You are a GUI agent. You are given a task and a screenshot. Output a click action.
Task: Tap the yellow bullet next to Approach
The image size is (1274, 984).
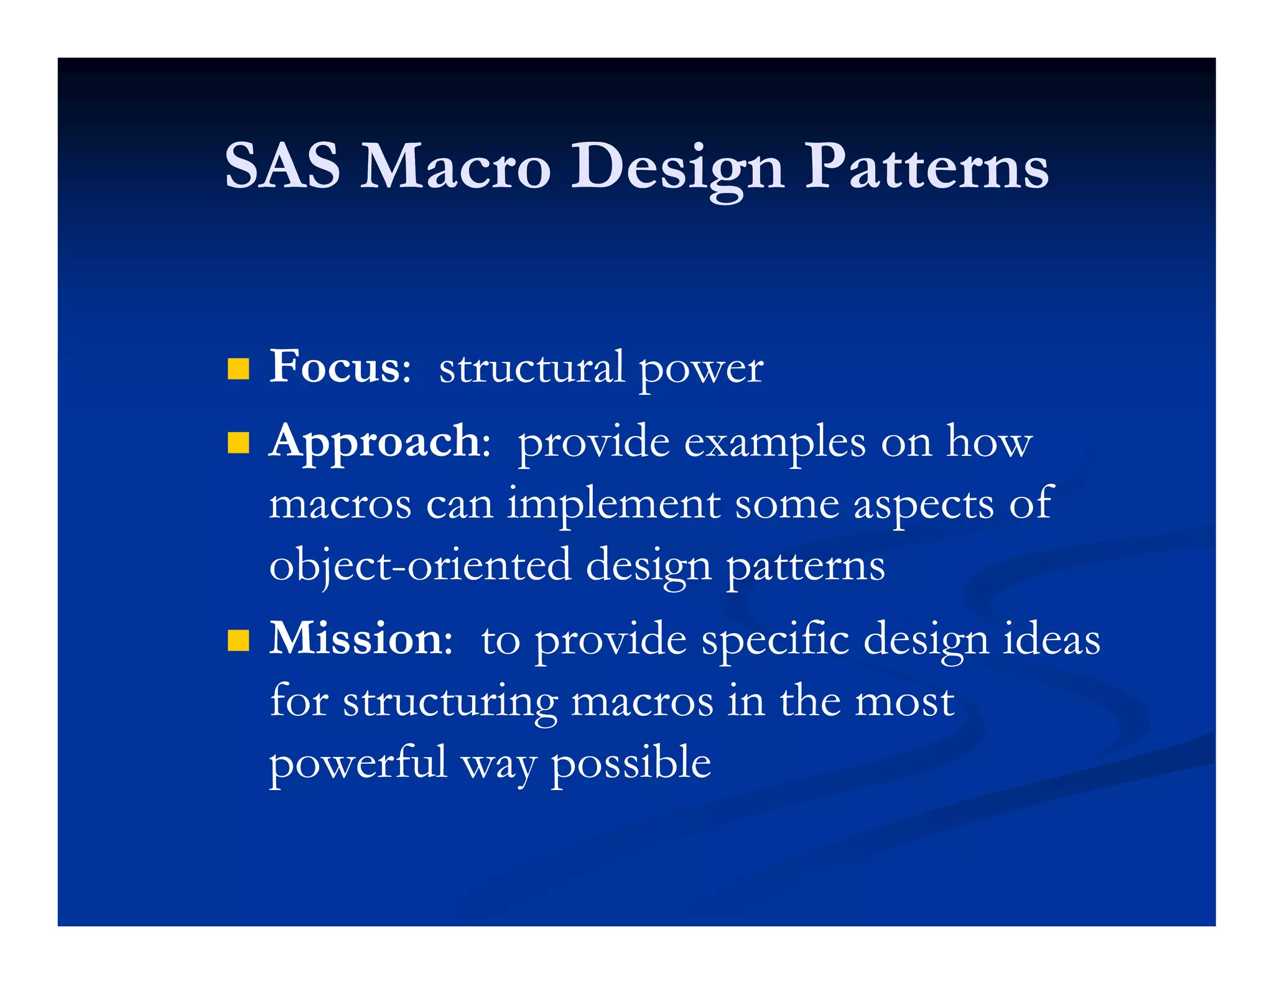(x=238, y=443)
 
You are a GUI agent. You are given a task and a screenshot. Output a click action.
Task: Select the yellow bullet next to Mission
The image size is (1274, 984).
(x=238, y=640)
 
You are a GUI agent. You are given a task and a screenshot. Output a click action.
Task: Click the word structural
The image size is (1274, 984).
(x=532, y=368)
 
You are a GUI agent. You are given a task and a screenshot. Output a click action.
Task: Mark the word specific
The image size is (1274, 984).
(x=775, y=641)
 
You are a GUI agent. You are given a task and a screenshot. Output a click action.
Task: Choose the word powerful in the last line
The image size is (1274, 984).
(x=358, y=764)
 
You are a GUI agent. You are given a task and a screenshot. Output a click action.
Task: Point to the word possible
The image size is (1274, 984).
(x=631, y=764)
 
